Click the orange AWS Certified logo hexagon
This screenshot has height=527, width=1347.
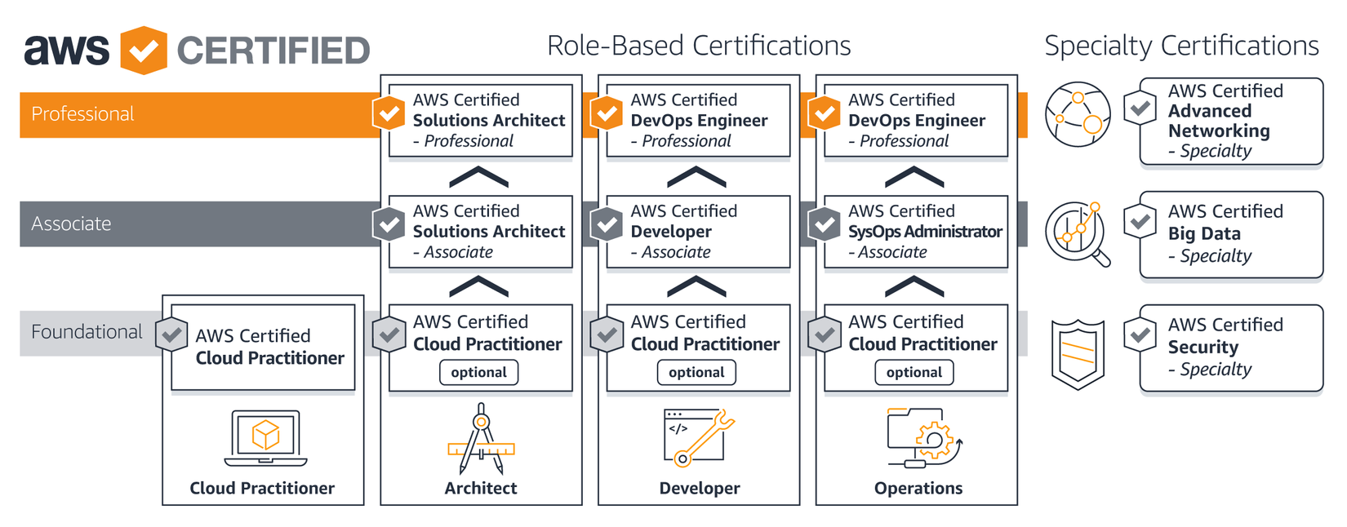pyautogui.click(x=144, y=51)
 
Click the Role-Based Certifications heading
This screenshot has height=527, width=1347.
pyautogui.click(x=699, y=46)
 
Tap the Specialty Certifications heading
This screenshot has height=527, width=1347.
pyautogui.click(x=1181, y=46)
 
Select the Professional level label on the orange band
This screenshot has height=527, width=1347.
pyautogui.click(x=82, y=114)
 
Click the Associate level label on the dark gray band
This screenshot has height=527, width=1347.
pyautogui.click(x=72, y=224)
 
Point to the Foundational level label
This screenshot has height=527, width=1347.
pyautogui.click(x=87, y=332)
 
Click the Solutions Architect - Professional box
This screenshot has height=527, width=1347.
pyautogui.click(x=481, y=120)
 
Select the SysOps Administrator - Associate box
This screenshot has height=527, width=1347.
pyautogui.click(x=916, y=231)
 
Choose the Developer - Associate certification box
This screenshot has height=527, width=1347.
pyautogui.click(x=698, y=231)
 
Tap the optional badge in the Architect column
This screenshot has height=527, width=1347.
pyautogui.click(x=479, y=372)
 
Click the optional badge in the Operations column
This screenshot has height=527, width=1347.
pyautogui.click(x=914, y=372)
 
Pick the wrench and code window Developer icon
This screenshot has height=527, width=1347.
pyautogui.click(x=699, y=437)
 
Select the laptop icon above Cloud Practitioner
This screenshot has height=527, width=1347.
pyautogui.click(x=266, y=437)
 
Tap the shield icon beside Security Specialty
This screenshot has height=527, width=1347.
pyautogui.click(x=1078, y=353)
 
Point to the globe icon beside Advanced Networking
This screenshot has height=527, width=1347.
pyautogui.click(x=1078, y=114)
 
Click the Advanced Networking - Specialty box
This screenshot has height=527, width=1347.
pyautogui.click(x=1230, y=121)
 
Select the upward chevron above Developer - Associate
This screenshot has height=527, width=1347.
pyautogui.click(x=696, y=287)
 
